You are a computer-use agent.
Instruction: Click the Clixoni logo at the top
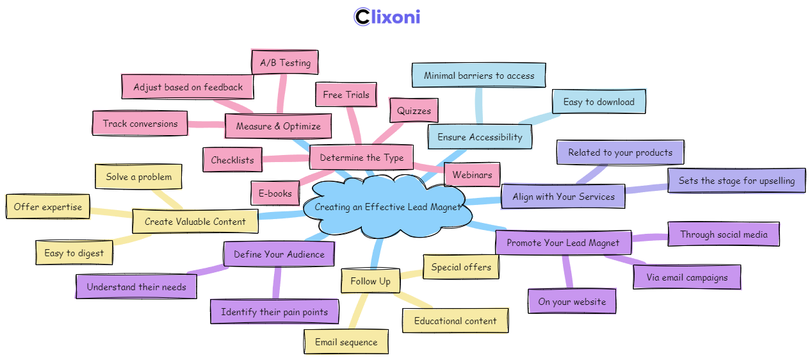click(387, 17)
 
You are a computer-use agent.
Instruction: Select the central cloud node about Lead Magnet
click(388, 207)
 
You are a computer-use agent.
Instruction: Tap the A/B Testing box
click(284, 63)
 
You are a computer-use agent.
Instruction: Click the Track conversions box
click(140, 124)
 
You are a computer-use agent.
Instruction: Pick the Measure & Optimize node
click(278, 126)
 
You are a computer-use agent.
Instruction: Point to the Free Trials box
click(346, 95)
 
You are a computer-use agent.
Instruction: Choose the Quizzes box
click(414, 111)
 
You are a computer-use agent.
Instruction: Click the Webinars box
click(472, 175)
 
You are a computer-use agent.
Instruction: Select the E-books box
click(275, 193)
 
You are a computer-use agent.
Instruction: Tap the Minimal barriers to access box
click(478, 76)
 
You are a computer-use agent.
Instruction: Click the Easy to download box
click(599, 102)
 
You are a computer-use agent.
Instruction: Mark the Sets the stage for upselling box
click(736, 181)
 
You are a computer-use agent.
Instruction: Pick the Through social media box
click(724, 234)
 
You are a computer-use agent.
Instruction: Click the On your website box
click(572, 302)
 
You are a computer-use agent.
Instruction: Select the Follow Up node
click(370, 281)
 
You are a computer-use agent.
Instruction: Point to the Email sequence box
click(346, 342)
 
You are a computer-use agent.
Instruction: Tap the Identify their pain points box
click(274, 312)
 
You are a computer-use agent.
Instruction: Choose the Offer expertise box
click(48, 207)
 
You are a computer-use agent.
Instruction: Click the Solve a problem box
click(138, 177)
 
